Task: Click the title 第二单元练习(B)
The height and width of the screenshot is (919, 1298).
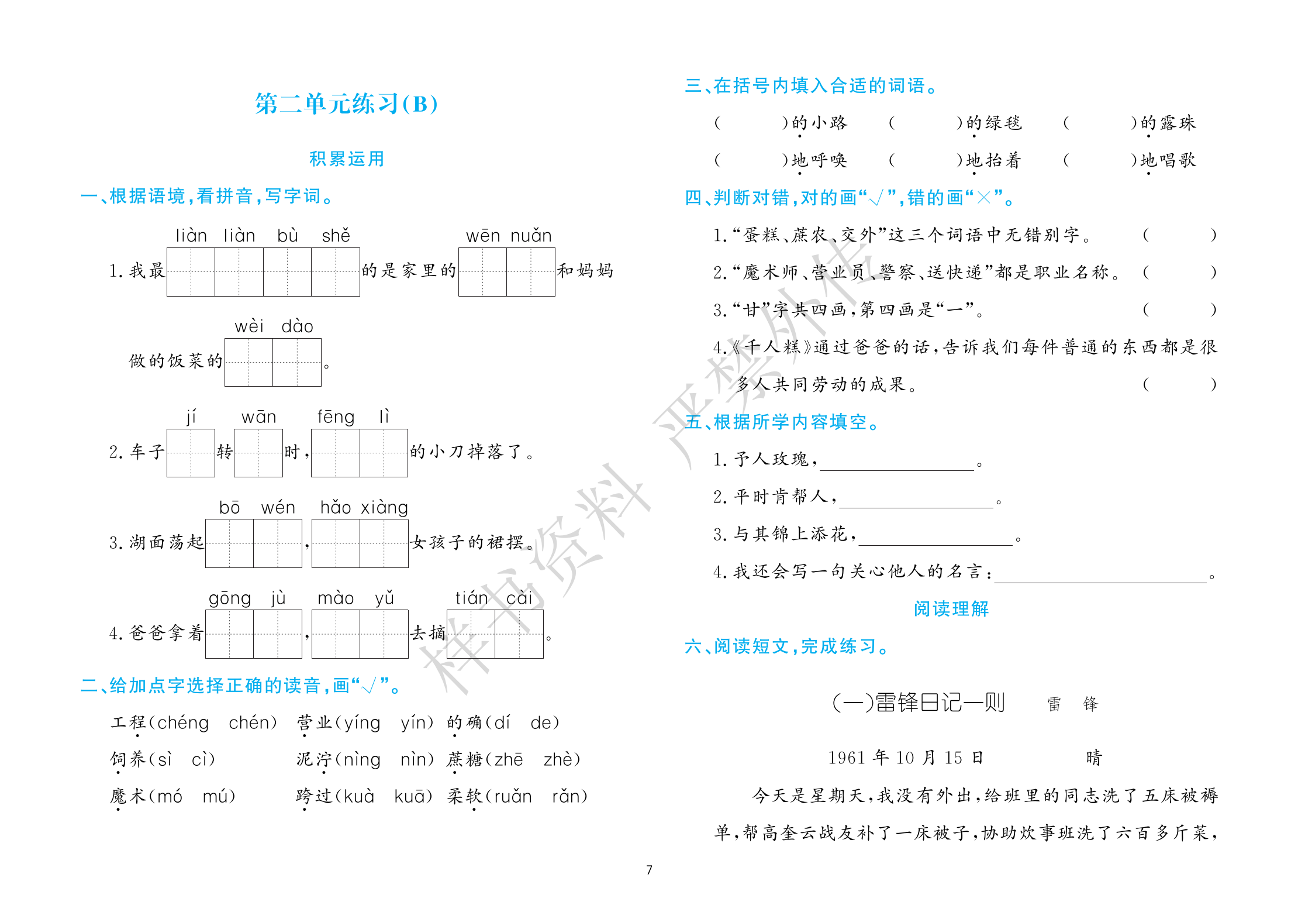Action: pos(346,104)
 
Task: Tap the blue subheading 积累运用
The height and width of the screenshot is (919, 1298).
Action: pos(346,159)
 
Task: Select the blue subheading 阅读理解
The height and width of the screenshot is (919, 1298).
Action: pos(951,609)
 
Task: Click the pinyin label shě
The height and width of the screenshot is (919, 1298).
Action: pos(336,236)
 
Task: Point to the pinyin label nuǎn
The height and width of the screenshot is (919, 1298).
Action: pos(531,236)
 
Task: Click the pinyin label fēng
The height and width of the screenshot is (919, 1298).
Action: pos(336,417)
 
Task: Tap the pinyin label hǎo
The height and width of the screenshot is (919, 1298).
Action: pos(335,508)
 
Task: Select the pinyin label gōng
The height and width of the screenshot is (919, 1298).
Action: pos(229,598)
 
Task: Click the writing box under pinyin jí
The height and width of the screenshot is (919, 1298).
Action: pos(191,453)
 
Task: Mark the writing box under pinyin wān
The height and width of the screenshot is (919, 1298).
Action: pos(258,453)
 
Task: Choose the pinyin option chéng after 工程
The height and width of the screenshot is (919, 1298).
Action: pos(182,723)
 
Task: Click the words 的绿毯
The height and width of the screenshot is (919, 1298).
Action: pos(993,123)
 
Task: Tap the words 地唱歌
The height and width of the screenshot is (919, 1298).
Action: pos(1168,160)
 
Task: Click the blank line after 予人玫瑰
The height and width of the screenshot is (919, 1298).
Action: pos(897,463)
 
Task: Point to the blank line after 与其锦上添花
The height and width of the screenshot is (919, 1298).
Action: pos(935,538)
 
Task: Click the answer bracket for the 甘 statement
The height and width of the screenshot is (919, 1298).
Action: pos(1179,309)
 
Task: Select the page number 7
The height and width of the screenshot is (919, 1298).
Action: pos(649,870)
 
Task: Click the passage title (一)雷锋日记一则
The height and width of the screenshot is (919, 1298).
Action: pos(918,703)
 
